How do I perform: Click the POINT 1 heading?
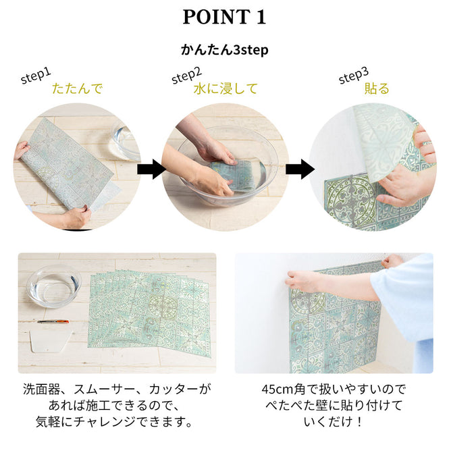point(224,17)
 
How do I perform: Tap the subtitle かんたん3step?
point(224,50)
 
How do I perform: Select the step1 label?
point(35,76)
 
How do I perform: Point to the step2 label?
point(186,76)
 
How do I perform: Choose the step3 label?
point(352,76)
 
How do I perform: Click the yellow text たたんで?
point(77,88)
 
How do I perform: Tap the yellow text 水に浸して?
point(226,88)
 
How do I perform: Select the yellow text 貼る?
point(377,88)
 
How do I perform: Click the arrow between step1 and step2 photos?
point(153,169)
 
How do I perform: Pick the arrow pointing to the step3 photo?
point(299,169)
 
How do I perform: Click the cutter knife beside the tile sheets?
point(54,321)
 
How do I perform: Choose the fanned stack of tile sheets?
point(152,307)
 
